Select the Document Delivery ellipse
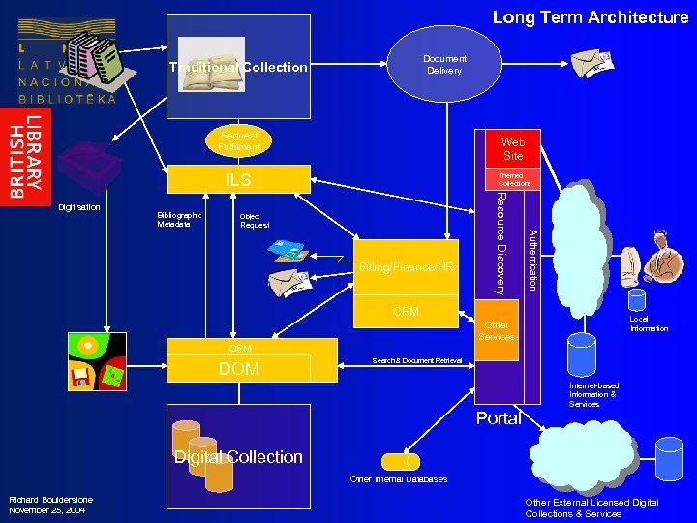click(444, 64)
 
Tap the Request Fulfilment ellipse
click(239, 141)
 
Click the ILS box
click(238, 180)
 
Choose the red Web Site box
click(512, 148)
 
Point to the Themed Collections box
click(514, 180)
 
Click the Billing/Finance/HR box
click(406, 267)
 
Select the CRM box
click(406, 311)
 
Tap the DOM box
click(238, 369)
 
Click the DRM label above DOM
click(240, 348)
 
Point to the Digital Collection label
click(238, 457)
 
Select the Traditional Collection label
click(238, 67)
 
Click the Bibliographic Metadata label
click(179, 220)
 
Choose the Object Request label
click(255, 220)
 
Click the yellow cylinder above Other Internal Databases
click(398, 461)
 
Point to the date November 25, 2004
click(42, 509)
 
